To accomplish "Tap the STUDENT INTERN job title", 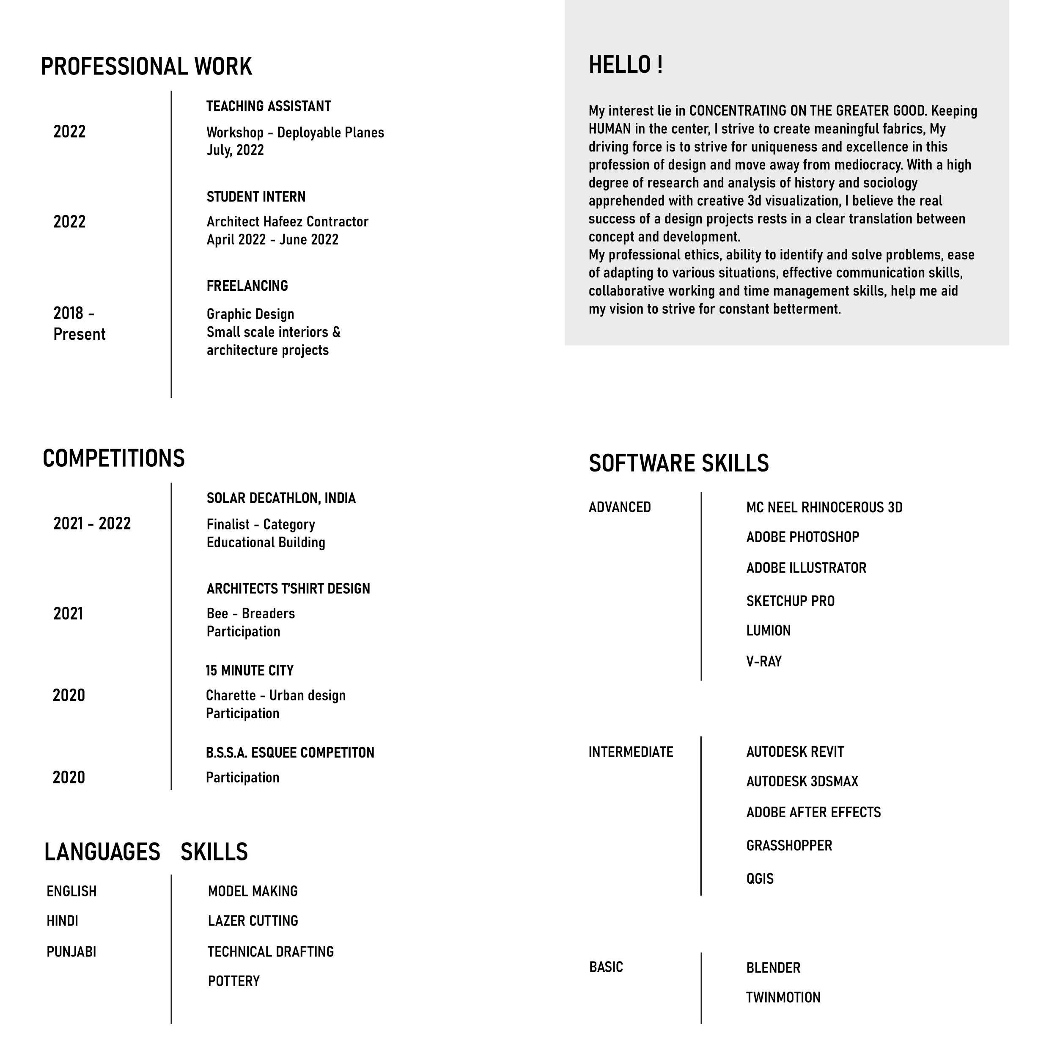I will point(256,197).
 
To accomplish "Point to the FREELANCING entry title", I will point(247,286).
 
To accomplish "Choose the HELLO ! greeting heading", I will point(625,65).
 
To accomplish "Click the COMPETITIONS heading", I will point(113,458).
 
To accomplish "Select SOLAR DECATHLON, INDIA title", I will point(281,499).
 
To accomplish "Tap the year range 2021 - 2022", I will point(92,524).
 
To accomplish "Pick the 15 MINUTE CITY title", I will point(249,671).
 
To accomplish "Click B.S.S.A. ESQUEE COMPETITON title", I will point(290,753).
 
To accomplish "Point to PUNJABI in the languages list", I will point(71,952).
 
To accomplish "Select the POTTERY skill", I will point(233,981).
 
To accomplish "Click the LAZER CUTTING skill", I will point(253,920).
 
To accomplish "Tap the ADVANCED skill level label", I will point(619,507).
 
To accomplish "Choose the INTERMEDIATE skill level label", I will point(630,752).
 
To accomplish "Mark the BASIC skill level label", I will point(606,967).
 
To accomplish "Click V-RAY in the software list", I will point(763,661).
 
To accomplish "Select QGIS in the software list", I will point(759,879).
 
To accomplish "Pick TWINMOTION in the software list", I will point(783,997).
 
